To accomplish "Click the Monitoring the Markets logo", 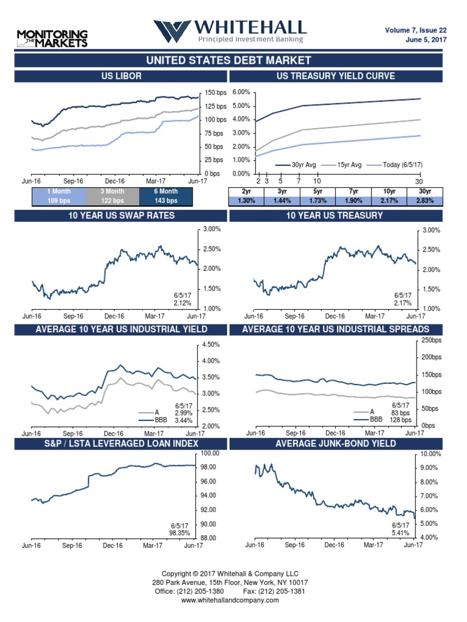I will click(52, 38).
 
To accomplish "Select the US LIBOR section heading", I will click(122, 76).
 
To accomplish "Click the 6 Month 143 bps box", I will click(166, 196).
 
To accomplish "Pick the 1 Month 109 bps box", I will click(58, 196).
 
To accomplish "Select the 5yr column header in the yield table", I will click(317, 191).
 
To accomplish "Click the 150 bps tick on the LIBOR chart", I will click(215, 93).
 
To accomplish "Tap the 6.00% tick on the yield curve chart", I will click(241, 92).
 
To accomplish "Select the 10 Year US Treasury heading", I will click(336, 216).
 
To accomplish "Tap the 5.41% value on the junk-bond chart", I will click(400, 533).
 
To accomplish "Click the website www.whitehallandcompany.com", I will click(230, 600).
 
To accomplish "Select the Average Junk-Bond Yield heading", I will click(336, 444).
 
